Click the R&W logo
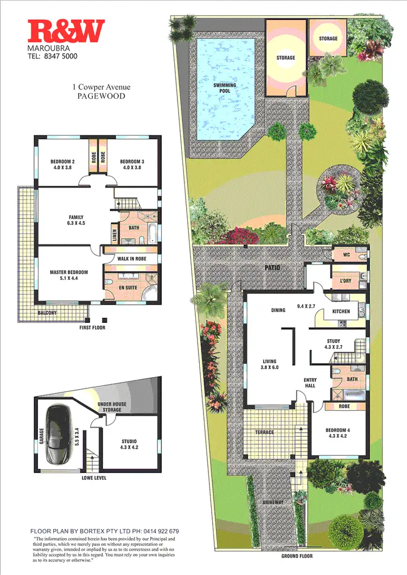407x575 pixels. click(x=66, y=31)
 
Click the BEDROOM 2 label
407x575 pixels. click(x=62, y=161)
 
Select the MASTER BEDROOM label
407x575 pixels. click(x=69, y=272)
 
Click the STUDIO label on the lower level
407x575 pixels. click(x=129, y=441)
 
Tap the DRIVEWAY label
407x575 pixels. click(x=274, y=503)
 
